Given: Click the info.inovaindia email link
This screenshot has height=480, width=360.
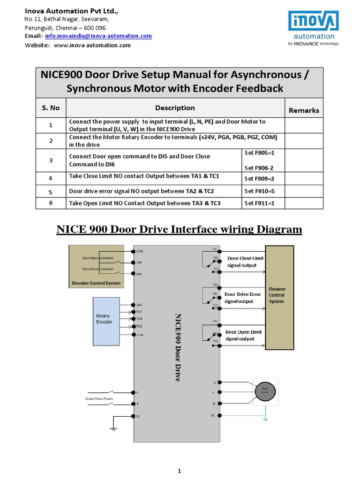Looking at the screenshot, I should point(98,36).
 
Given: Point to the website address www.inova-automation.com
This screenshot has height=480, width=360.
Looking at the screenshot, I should point(92,45).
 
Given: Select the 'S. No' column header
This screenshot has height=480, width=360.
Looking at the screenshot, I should point(51,108).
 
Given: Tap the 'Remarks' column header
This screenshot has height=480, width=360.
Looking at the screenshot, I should point(304,111).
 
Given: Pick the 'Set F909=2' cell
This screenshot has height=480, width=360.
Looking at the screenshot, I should point(259,179).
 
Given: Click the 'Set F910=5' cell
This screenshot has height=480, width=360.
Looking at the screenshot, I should point(259,191).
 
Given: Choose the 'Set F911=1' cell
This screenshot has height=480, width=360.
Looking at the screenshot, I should point(259,203).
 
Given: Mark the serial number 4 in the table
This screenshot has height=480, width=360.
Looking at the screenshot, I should point(51,178).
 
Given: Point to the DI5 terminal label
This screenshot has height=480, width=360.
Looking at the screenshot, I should point(139,262).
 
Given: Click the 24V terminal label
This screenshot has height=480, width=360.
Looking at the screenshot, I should point(139,304).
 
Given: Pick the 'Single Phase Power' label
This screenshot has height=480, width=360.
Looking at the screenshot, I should point(99,398).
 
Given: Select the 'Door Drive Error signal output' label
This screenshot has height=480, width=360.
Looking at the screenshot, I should point(242,298).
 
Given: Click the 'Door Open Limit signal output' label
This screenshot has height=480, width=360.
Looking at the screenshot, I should point(243,335).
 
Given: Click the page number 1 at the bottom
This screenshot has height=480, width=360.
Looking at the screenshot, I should point(180,471).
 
